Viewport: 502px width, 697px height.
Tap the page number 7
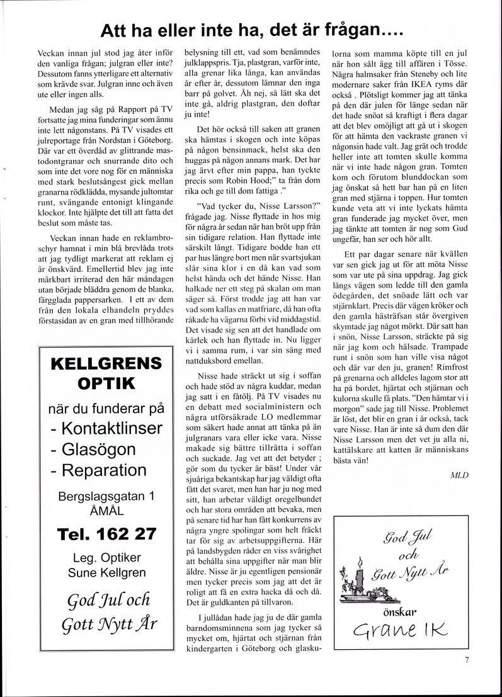coord(467,660)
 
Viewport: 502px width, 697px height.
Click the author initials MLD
coord(459,475)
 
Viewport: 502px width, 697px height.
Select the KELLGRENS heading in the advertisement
coord(105,363)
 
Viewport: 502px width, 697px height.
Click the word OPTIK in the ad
coord(105,383)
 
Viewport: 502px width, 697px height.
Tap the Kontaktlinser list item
coord(106,429)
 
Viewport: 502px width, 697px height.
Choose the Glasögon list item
coord(94,450)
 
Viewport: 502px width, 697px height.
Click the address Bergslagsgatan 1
coord(106,496)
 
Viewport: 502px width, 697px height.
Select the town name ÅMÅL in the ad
coord(106,511)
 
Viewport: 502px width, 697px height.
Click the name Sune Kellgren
coord(106,572)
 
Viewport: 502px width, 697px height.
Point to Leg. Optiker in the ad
coord(106,558)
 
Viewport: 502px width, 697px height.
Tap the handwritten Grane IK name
coord(400,630)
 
